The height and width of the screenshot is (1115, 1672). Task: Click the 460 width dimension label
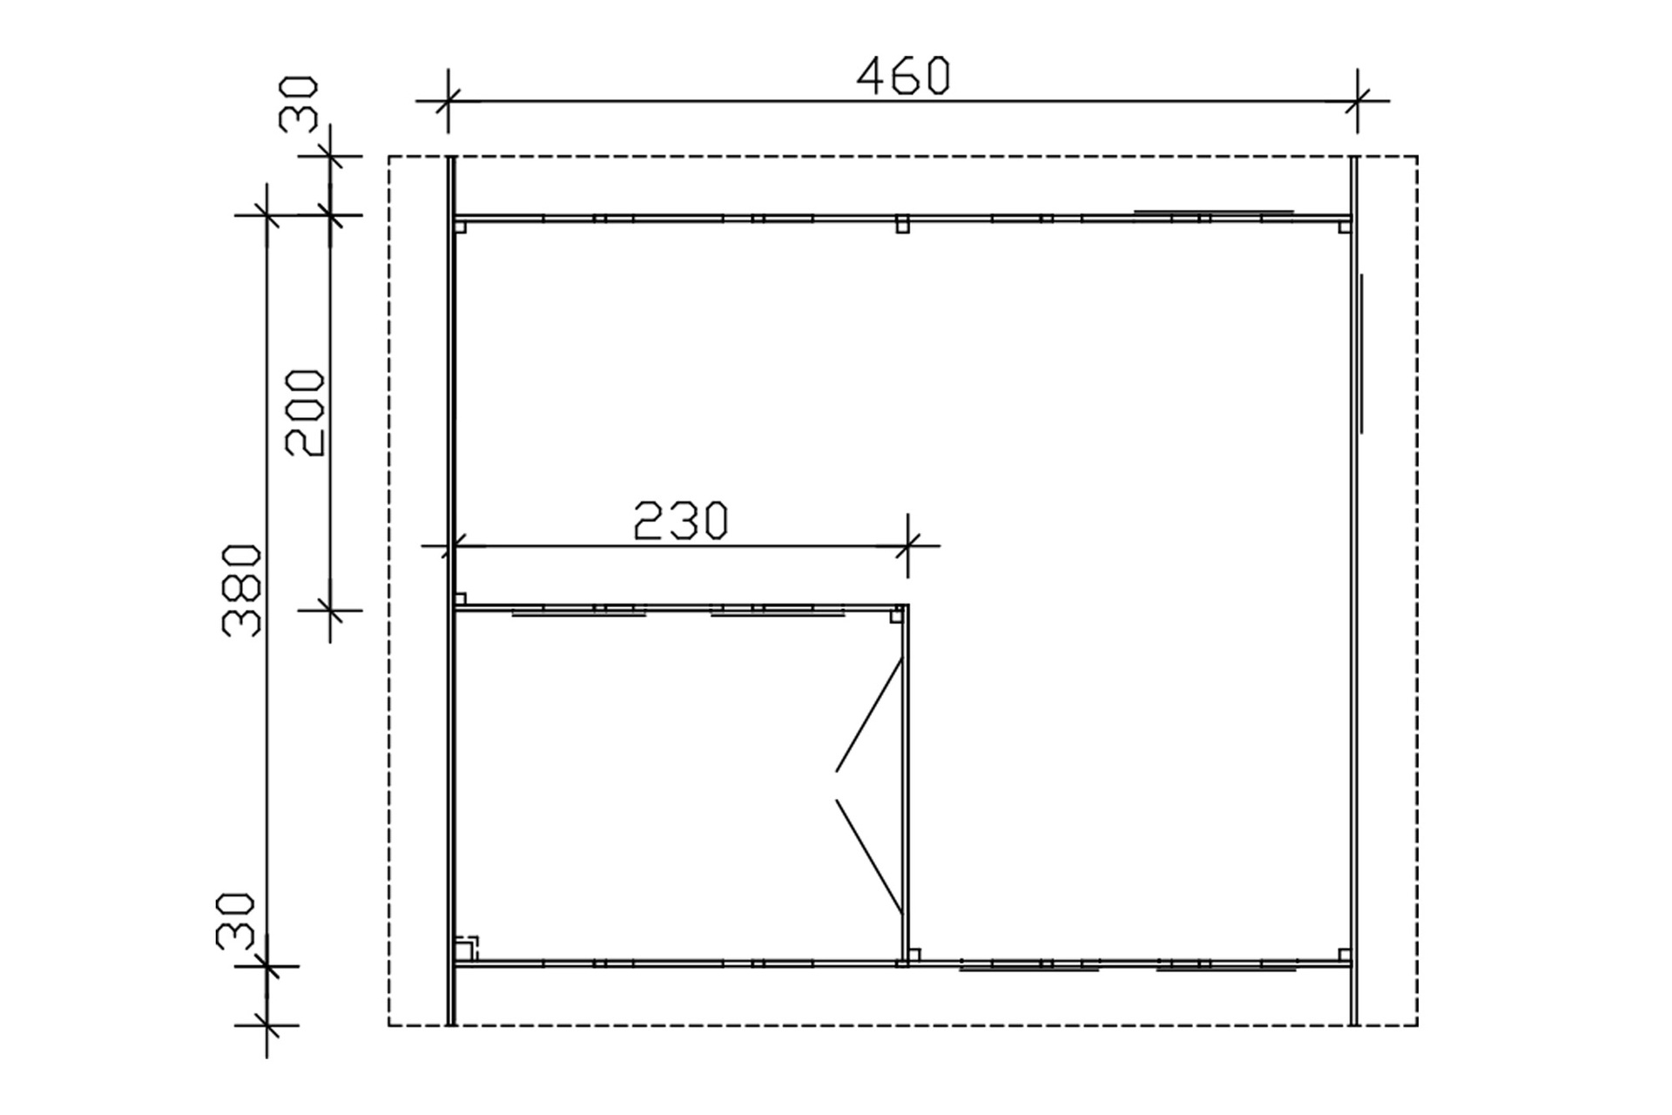(x=903, y=76)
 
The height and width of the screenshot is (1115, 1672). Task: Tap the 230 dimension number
(x=680, y=521)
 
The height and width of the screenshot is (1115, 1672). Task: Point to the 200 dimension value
(x=306, y=413)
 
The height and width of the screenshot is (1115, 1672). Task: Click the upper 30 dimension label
(x=299, y=104)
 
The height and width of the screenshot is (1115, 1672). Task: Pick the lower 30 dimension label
(x=235, y=921)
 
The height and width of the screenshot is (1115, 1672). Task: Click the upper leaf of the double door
(x=869, y=714)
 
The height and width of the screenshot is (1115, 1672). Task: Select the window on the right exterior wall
(x=1360, y=354)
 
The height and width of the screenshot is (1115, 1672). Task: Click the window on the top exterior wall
(x=1213, y=212)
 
